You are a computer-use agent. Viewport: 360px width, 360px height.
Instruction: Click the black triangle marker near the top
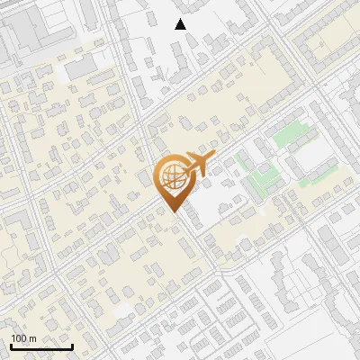click(x=181, y=24)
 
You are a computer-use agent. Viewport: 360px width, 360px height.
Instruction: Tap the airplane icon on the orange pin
click(x=195, y=165)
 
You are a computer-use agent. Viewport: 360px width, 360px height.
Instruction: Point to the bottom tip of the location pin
click(x=173, y=211)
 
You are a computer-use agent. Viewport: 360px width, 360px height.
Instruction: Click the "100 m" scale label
click(x=23, y=338)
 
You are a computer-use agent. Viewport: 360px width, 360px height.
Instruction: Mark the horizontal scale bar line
click(x=41, y=346)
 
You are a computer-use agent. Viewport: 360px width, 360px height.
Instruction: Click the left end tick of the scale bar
click(x=12, y=345)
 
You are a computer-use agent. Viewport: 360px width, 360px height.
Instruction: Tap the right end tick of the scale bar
click(x=72, y=345)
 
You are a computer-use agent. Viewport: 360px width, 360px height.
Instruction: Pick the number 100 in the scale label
click(x=20, y=338)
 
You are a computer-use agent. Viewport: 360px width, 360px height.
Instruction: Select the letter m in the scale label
click(x=32, y=338)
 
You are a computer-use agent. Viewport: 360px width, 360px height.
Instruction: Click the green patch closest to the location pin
click(x=242, y=162)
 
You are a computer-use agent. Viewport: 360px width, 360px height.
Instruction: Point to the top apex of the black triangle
click(x=181, y=19)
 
